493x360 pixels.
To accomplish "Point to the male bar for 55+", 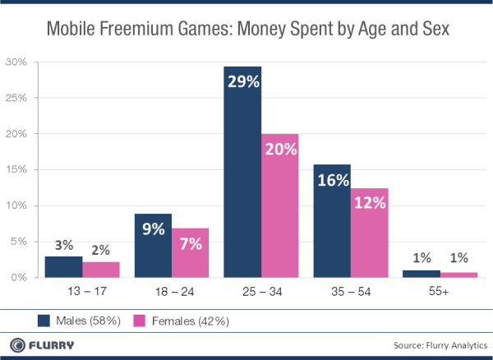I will coord(421,274).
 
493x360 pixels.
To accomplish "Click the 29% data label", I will coord(242,83).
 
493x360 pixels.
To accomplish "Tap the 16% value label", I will coord(332,182).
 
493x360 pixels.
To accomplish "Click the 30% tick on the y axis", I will coord(17,62).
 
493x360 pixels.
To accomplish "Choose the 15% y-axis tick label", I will coord(17,170).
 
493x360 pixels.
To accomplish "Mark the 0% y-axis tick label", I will coord(20,278).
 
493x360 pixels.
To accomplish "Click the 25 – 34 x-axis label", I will coord(260,292).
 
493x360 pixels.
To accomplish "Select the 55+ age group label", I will coord(439,292).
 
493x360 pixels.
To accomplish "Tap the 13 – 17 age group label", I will coord(82,292).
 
